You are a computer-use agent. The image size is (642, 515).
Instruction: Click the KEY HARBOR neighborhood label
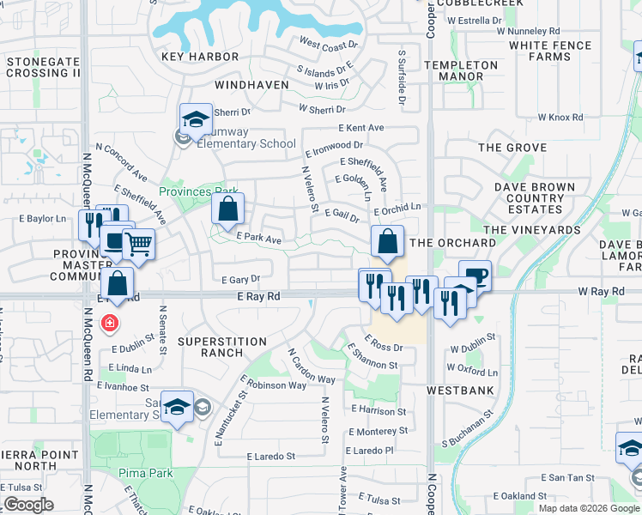tap(200, 57)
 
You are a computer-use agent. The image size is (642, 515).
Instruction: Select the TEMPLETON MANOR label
tap(467, 70)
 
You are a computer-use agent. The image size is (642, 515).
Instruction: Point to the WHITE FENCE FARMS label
tap(550, 51)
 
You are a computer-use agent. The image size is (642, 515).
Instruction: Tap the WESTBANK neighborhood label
tap(460, 390)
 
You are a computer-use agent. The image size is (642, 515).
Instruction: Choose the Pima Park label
tap(148, 473)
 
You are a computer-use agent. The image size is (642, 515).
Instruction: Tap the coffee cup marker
tap(475, 276)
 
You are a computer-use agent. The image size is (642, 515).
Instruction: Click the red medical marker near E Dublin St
tap(109, 324)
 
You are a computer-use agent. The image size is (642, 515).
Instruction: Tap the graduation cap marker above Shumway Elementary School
tap(196, 118)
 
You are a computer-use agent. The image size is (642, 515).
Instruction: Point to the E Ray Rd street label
tap(258, 296)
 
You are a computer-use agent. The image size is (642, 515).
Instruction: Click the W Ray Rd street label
tap(601, 292)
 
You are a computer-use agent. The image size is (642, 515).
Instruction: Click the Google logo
tap(28, 506)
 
